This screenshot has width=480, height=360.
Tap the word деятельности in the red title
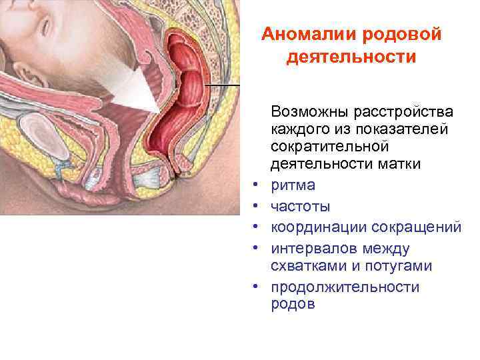pyautogui.click(x=351, y=57)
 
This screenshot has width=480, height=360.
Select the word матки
pyautogui.click(x=398, y=163)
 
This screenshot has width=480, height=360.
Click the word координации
pyautogui.click(x=315, y=227)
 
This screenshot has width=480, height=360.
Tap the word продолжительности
pyautogui.click(x=345, y=287)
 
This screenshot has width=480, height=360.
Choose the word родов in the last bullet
pyautogui.click(x=291, y=305)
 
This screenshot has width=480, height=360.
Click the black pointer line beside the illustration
pyautogui.click(x=223, y=87)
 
